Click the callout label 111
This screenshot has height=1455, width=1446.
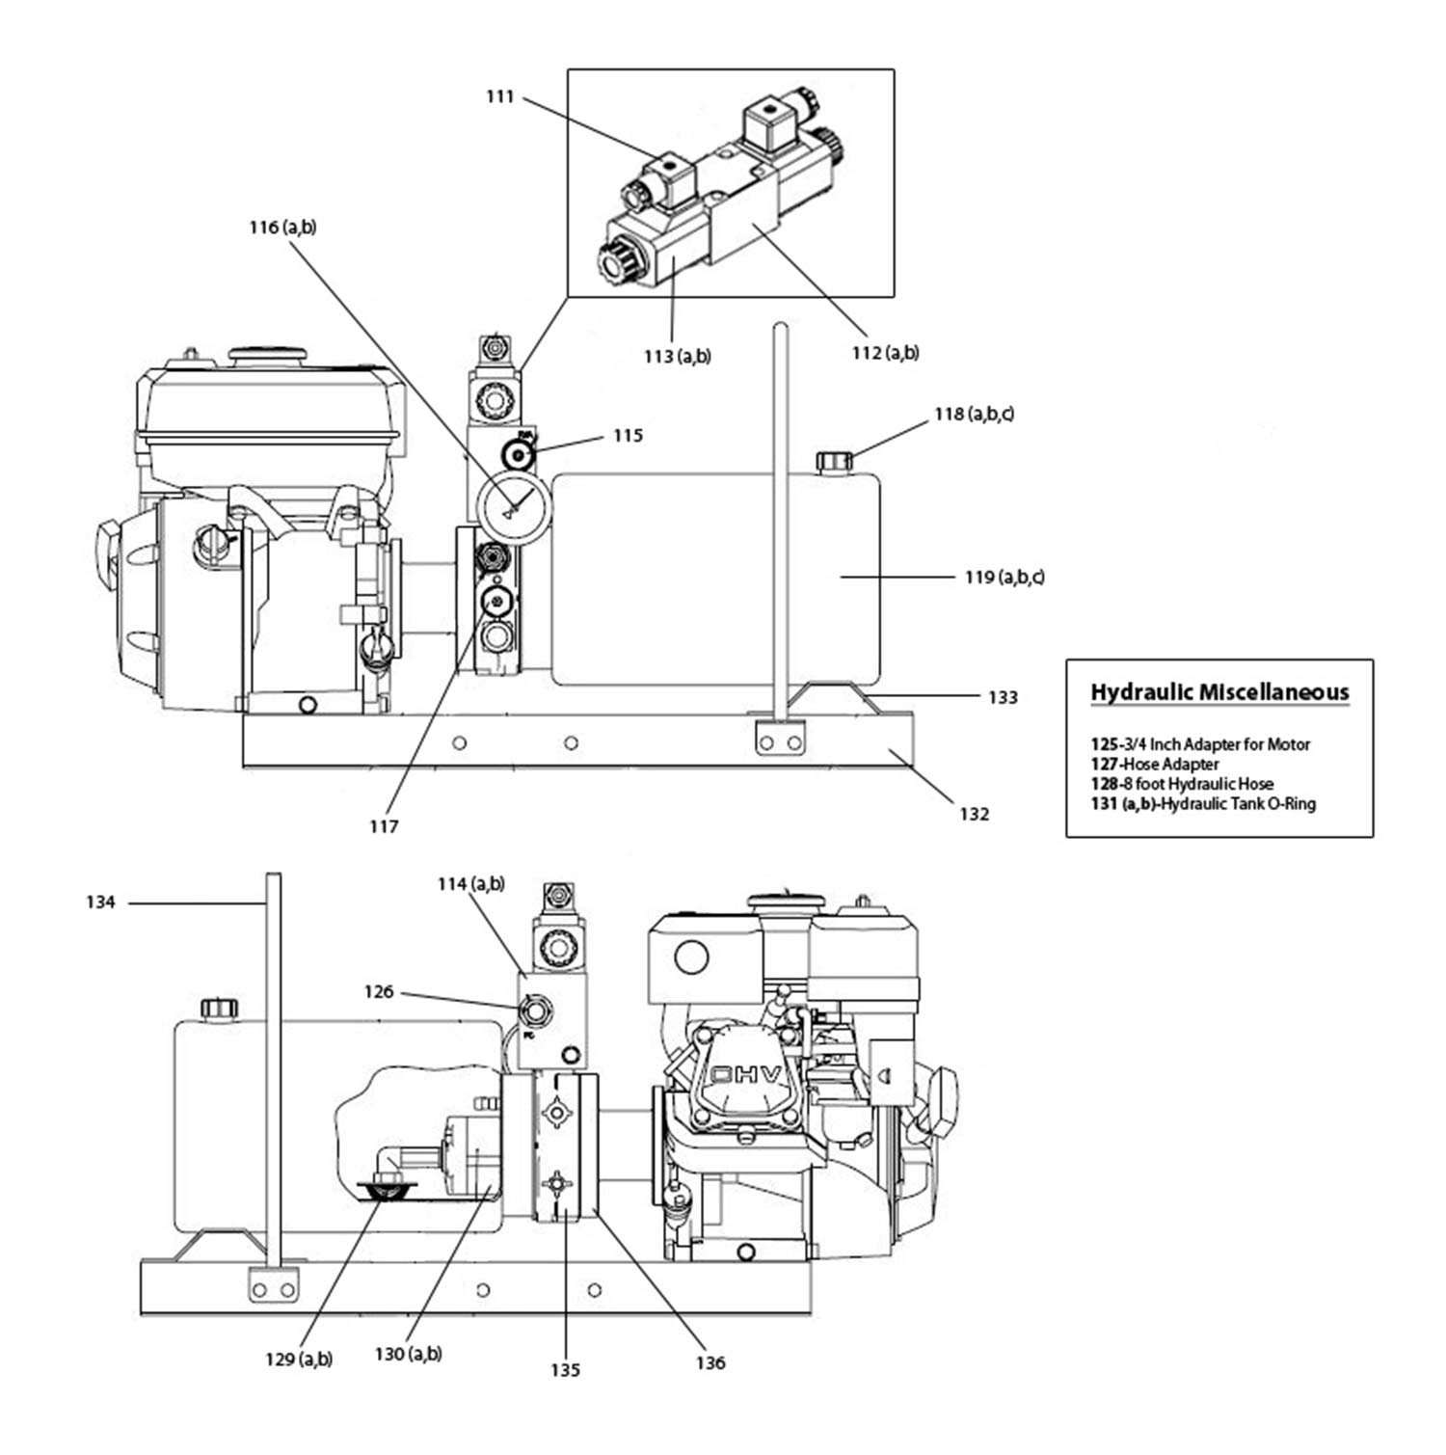[x=499, y=96]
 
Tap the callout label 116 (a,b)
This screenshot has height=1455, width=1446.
[x=282, y=228]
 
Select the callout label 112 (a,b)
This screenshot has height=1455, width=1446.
[x=885, y=353]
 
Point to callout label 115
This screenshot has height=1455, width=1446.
[x=628, y=436]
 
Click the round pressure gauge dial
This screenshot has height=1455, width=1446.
[x=513, y=507]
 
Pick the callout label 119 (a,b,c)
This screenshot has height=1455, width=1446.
[x=1004, y=578]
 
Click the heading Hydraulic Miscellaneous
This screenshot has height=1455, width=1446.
[x=1219, y=692]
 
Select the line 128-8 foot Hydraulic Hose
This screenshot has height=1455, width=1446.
[x=1182, y=784]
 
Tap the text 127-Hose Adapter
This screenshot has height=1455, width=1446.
[x=1155, y=765]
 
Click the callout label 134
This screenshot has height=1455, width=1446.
[x=100, y=903]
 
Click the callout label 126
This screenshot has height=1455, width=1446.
[x=379, y=991]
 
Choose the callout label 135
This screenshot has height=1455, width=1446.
[x=566, y=1370]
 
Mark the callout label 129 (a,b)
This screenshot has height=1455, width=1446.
[x=299, y=1360]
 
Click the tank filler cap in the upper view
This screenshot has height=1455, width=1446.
[x=834, y=461]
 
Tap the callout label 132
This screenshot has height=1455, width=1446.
[x=974, y=814]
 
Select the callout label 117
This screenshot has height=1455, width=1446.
[x=384, y=826]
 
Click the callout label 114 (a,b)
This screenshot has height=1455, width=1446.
[x=470, y=884]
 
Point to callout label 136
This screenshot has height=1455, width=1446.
[x=710, y=1362]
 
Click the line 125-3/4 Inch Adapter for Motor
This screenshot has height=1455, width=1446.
[x=1200, y=744]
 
